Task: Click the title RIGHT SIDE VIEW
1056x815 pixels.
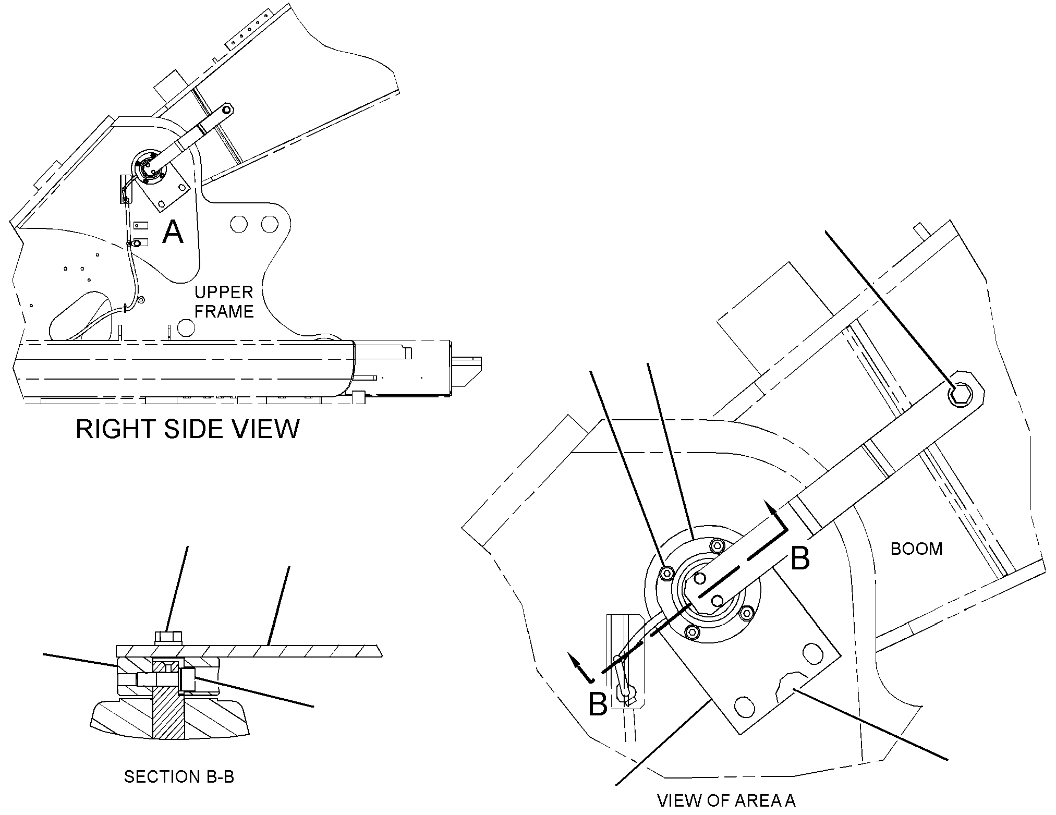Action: tap(188, 429)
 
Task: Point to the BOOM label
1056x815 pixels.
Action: tap(916, 549)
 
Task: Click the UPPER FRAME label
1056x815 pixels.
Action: tap(224, 302)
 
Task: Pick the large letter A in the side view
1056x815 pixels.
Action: tap(173, 232)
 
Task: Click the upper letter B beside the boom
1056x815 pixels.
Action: tap(800, 558)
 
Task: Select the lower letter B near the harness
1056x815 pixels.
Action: tap(598, 704)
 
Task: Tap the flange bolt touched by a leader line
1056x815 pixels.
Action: tap(666, 574)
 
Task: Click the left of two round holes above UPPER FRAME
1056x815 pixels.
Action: tap(238, 224)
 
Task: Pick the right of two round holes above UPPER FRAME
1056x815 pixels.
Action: tap(269, 224)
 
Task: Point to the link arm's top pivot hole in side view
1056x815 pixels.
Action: tap(225, 110)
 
